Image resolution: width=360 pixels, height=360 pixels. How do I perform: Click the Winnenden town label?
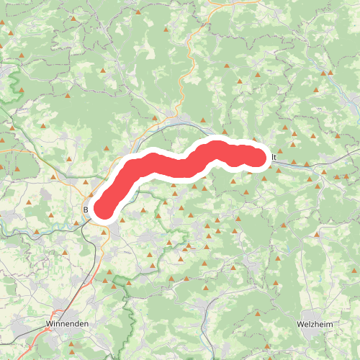(x=67, y=325)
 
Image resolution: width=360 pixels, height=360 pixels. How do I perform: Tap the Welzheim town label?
(x=315, y=325)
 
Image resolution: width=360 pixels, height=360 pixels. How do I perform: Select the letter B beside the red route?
(x=86, y=210)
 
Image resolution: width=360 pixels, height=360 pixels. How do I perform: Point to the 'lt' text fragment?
(x=275, y=157)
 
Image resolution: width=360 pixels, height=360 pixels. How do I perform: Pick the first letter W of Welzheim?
(x=300, y=325)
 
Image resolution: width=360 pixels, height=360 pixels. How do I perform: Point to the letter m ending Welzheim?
(x=330, y=325)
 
